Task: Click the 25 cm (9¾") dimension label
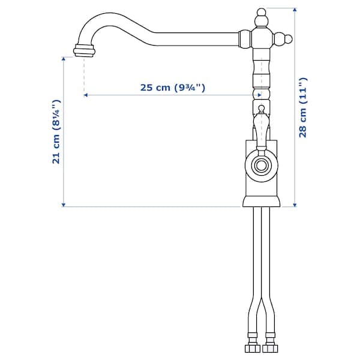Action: click(173, 87)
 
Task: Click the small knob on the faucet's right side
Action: click(288, 40)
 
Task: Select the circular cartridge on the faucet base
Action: click(261, 165)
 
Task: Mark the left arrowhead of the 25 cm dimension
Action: click(86, 95)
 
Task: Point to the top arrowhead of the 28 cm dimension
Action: click(295, 10)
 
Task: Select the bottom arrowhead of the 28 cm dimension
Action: click(295, 204)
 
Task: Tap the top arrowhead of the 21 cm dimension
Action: click(64, 59)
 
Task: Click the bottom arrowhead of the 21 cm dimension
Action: click(64, 204)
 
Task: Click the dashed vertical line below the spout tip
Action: click(83, 75)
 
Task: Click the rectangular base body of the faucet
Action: click(261, 180)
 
